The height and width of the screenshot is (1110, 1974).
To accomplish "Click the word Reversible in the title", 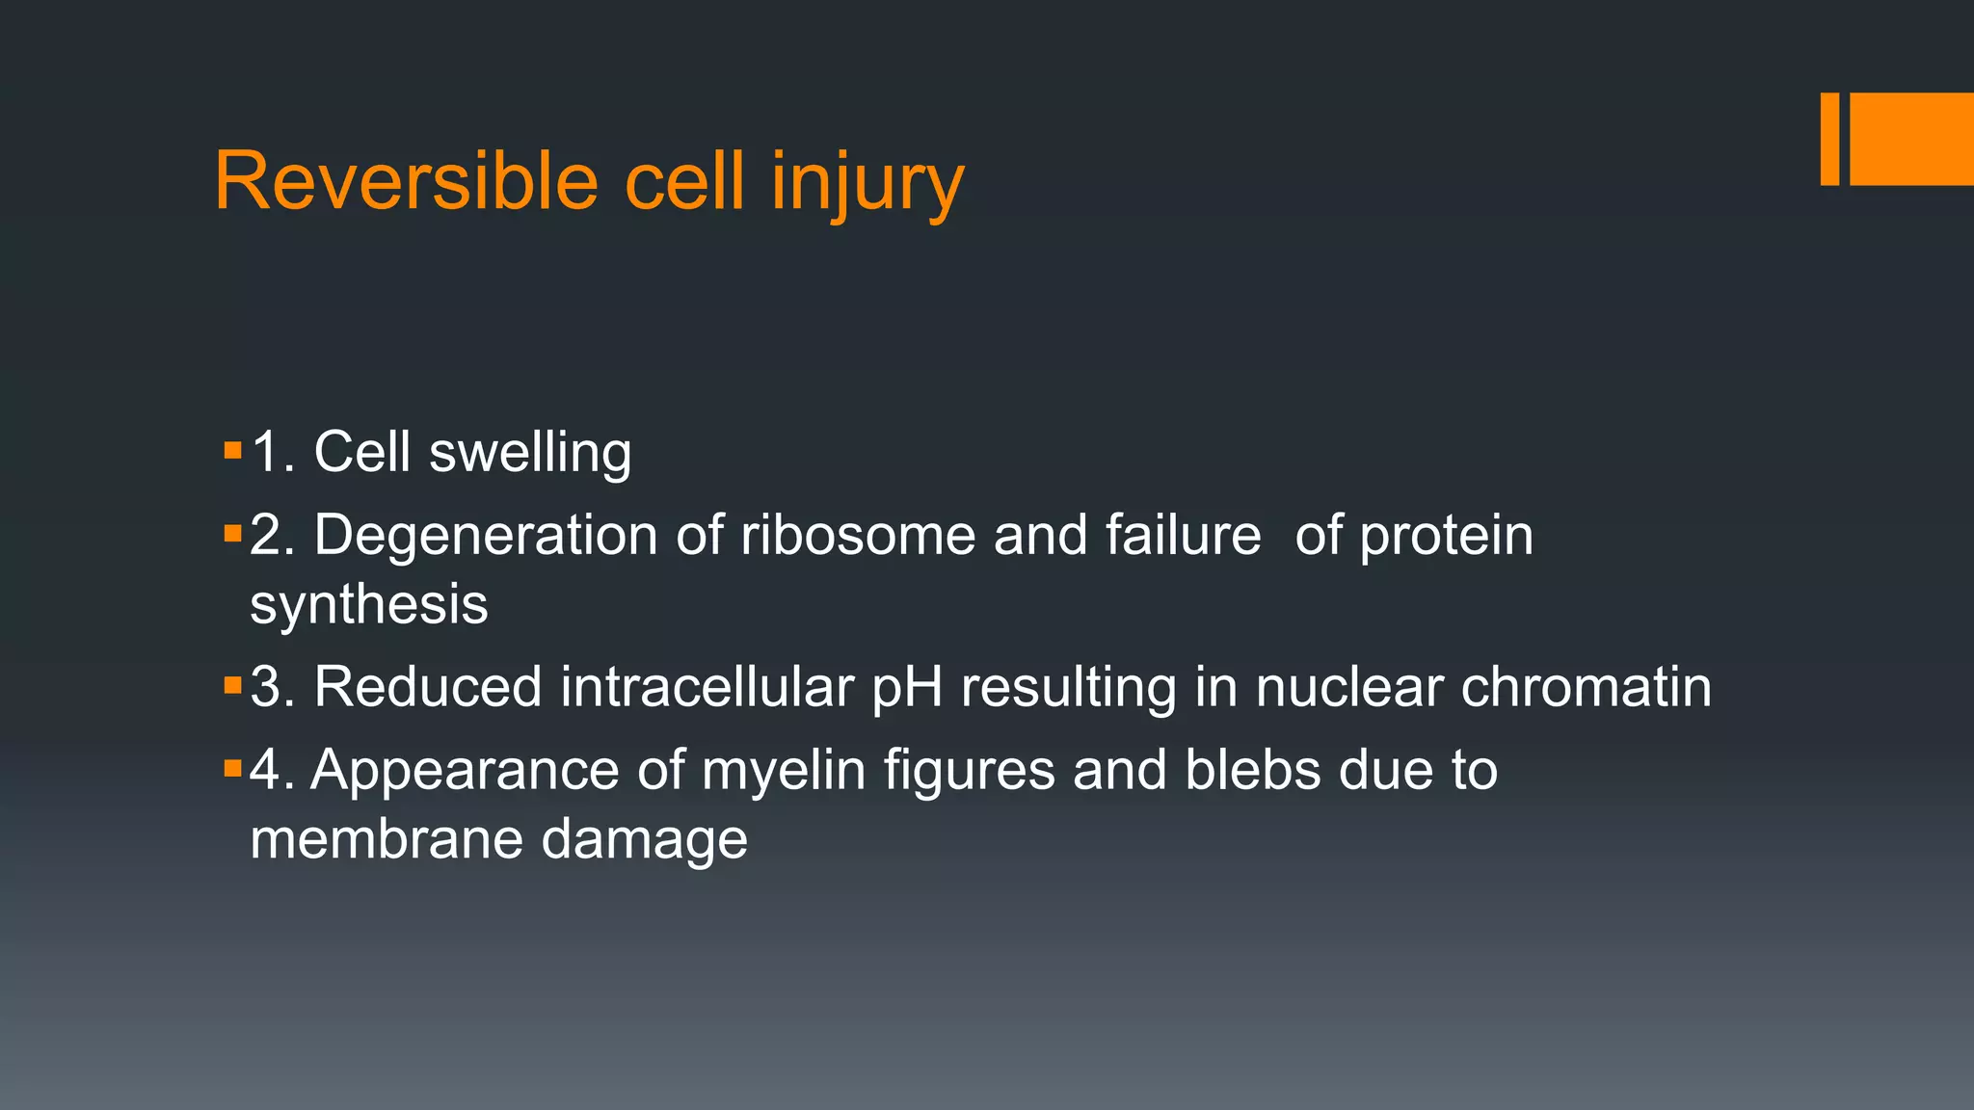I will point(406,181).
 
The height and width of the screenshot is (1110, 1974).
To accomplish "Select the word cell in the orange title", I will point(684,181).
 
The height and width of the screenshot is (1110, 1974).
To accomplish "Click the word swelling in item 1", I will point(530,453).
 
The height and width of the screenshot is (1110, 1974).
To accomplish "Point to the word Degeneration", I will point(485,536).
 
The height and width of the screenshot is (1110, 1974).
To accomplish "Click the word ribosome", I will point(858,536).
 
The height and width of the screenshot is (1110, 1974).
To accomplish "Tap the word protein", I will point(1446,536).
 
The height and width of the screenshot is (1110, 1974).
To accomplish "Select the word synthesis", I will point(369,605).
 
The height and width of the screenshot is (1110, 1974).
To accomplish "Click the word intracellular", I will point(707,687).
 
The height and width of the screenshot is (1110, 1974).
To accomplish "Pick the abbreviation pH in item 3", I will point(907,689).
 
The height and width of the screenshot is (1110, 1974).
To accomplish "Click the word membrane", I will point(387,838).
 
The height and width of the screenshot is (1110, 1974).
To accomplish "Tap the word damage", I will point(644,840).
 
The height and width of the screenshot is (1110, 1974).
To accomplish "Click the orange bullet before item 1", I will point(232,450).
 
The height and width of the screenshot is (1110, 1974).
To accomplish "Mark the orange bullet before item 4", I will point(232,768).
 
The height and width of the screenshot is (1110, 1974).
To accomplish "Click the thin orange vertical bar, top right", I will point(1829,139).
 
